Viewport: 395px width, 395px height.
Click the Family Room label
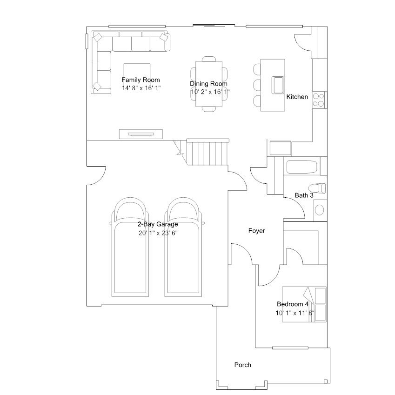(141, 80)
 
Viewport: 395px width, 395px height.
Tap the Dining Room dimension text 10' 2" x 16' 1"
(210, 92)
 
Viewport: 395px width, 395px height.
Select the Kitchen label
(297, 97)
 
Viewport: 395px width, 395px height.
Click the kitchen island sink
(278, 85)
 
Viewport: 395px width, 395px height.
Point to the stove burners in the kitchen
(318, 100)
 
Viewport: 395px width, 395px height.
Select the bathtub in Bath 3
(301, 167)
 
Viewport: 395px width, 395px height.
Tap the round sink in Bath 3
(320, 210)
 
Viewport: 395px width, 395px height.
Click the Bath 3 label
(304, 195)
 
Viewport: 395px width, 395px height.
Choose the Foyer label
(256, 231)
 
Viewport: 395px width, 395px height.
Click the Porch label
(242, 365)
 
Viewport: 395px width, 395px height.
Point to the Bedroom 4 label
(293, 304)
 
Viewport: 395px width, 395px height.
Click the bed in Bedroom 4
(304, 304)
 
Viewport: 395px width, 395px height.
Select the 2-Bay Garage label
(158, 224)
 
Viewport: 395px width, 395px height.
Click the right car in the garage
(183, 247)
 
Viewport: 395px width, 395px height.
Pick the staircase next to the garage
(207, 153)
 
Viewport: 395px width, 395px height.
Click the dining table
(209, 84)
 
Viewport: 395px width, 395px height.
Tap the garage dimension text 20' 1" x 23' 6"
(158, 233)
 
